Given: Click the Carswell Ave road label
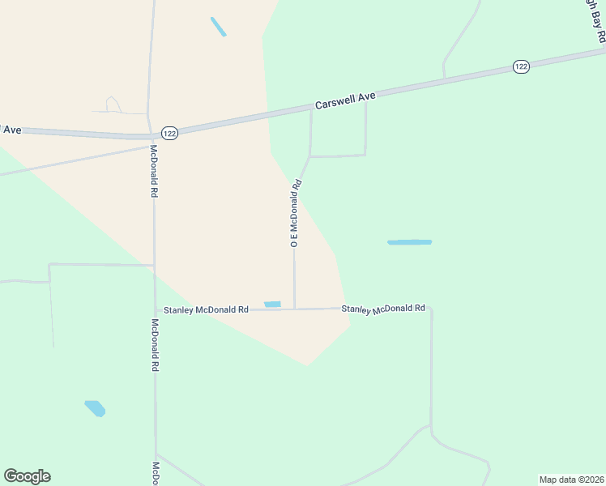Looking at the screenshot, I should tap(346, 101).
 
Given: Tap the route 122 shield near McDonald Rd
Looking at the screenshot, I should tap(169, 133).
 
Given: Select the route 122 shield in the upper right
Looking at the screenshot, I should tap(521, 66).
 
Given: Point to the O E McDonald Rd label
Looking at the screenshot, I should tap(296, 212).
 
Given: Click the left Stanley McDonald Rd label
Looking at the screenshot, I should tap(206, 309).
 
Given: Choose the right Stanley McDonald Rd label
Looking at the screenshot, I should tap(383, 309).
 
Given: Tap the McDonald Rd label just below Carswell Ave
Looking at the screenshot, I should tap(152, 172).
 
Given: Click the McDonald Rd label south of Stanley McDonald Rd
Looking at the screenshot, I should tap(154, 344).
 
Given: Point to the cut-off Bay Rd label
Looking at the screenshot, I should tap(596, 21).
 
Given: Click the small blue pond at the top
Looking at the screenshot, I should tap(218, 27).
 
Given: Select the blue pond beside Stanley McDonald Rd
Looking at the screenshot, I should tap(272, 305).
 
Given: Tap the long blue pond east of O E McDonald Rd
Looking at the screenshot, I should tap(409, 242).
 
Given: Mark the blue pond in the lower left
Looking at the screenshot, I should tap(95, 408).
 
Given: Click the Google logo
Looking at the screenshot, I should tap(27, 476).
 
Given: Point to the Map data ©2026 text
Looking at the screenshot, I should tap(571, 480).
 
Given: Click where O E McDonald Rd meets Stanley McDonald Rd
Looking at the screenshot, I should tap(294, 309).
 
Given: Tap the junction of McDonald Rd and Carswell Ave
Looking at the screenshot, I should tap(151, 135).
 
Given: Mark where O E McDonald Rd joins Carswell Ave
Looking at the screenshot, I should tap(311, 111).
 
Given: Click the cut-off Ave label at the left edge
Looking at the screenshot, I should tap(11, 130).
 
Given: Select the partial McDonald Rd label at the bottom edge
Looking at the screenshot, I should tap(156, 474).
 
